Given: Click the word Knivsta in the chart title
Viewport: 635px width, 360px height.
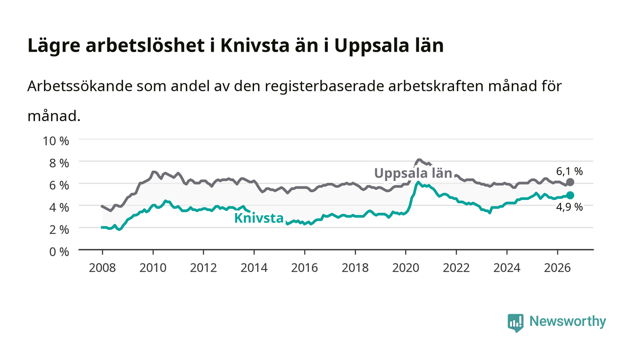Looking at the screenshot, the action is pos(255,45).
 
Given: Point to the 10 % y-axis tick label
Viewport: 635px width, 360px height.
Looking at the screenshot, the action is pos(56,141).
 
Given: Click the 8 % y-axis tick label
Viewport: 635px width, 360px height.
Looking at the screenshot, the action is pos(59,163).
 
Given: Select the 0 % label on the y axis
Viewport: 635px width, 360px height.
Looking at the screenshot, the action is pos(59,252).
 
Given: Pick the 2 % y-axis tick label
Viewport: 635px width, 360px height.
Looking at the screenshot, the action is pos(59,229).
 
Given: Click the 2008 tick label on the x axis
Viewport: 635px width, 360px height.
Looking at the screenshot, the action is pos(103,268).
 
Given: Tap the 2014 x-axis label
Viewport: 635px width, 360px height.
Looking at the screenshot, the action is pos(254,268).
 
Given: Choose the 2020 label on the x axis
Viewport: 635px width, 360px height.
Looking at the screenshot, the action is pos(405,268).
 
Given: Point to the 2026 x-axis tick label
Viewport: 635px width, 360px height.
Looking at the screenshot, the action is pos(557,268).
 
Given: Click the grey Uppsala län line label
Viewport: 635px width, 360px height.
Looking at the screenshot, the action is pos(413,173).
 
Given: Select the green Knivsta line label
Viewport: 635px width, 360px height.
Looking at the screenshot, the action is pos(259,218).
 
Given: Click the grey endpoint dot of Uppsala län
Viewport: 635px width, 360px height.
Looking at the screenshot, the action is pos(570,182).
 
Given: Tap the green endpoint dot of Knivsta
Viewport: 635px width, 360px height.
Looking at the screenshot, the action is pos(570,195).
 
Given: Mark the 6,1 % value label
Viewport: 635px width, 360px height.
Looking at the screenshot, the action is pos(570,171).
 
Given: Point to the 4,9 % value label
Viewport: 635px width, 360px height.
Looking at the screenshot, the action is pos(570,207).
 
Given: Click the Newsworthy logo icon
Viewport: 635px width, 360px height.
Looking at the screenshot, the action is pos(516,323).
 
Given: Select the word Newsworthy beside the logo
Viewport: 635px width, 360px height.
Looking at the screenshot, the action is pos(568,321).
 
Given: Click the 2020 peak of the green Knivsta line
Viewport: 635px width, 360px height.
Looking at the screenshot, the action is pos(418,182).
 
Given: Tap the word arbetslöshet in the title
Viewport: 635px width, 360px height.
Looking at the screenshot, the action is pos(145,45).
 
